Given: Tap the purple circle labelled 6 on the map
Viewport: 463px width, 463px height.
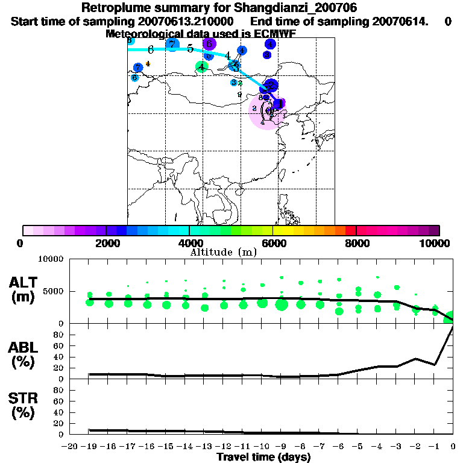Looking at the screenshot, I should [209, 43].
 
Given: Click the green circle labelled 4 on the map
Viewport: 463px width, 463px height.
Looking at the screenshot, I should [201, 67].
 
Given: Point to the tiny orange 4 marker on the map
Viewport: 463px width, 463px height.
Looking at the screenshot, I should [148, 63].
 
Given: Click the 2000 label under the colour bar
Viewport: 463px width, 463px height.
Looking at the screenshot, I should [106, 243].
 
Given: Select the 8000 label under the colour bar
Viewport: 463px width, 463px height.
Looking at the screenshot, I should [356, 243].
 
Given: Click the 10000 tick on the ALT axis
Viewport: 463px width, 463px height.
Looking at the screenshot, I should [52, 259].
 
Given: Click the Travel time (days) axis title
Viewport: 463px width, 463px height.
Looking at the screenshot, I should [263, 458].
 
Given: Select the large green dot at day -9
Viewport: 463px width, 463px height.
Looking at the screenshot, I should [282, 304].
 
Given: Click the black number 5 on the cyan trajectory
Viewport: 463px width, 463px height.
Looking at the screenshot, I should [190, 49].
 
